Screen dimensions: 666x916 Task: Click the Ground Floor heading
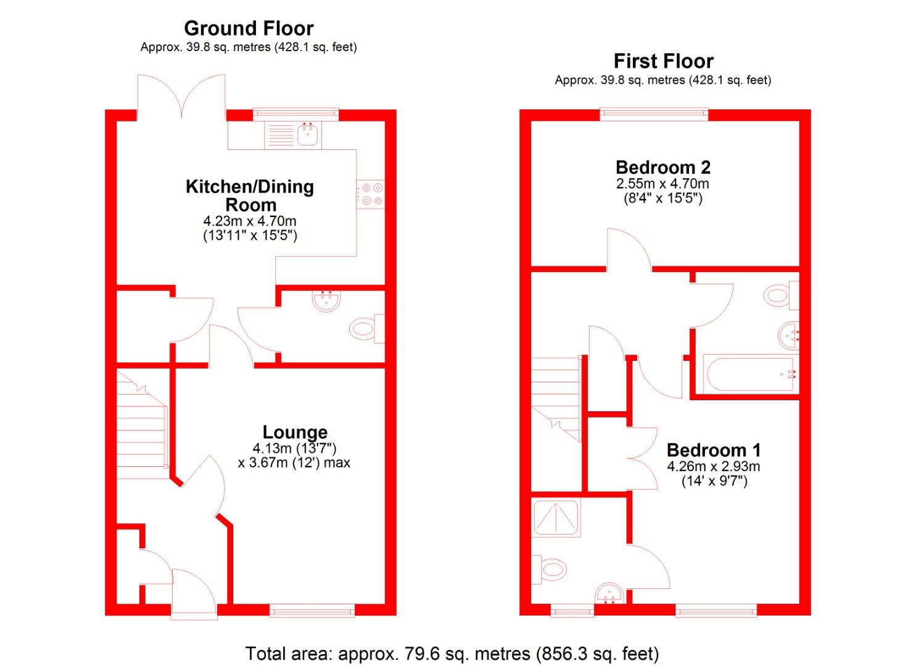click(249, 28)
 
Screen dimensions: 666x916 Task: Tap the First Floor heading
click(663, 61)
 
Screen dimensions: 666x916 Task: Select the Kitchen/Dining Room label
click(250, 195)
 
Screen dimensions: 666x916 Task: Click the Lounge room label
click(295, 432)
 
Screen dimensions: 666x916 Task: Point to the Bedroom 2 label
click(663, 167)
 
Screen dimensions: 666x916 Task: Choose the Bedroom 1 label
click(714, 450)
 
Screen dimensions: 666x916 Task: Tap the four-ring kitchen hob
click(370, 194)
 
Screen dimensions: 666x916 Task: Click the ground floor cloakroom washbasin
click(326, 300)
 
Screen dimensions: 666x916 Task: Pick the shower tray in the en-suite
click(556, 517)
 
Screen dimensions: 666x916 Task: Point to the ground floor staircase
click(142, 425)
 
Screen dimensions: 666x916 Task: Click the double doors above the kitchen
click(181, 96)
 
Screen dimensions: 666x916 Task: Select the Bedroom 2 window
click(654, 113)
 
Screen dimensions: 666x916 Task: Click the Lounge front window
click(312, 610)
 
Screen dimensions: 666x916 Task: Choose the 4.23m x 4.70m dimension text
click(250, 221)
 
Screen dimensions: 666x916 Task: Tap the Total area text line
click(452, 654)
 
